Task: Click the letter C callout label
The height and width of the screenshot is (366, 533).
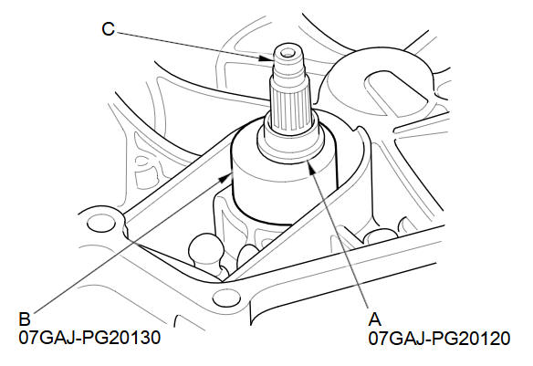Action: click(x=108, y=29)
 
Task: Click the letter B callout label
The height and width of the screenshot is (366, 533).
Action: click(x=25, y=319)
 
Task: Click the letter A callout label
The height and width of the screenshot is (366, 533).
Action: click(x=374, y=319)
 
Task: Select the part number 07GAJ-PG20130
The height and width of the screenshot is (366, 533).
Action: click(x=89, y=338)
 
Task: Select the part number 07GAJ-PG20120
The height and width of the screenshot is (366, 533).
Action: click(x=439, y=338)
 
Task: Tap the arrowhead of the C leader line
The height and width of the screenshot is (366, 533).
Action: click(x=266, y=58)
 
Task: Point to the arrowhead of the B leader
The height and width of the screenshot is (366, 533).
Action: click(x=225, y=177)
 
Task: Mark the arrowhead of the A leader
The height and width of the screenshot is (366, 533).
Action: click(x=312, y=166)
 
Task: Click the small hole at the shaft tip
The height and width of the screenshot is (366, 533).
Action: click(x=288, y=53)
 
